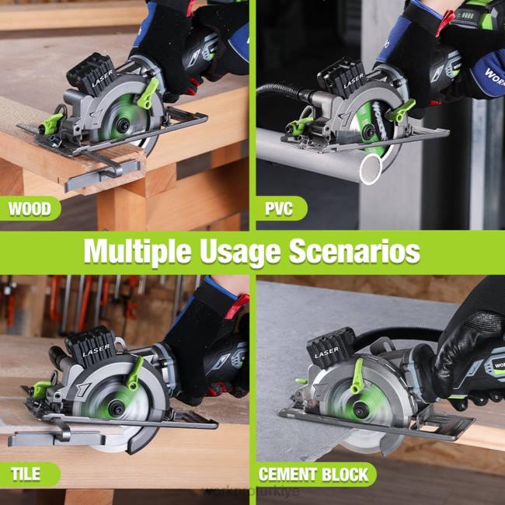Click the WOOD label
tap(30, 209)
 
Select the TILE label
tap(26, 474)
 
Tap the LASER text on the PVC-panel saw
tap(353, 80)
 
